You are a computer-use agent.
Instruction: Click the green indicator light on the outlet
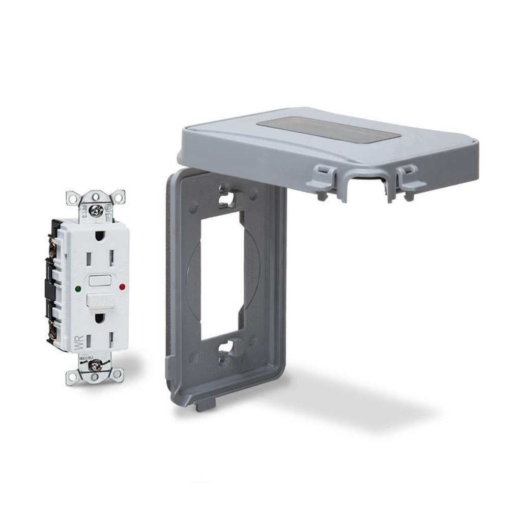coord(77,288)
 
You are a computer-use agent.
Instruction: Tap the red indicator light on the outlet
coord(122,287)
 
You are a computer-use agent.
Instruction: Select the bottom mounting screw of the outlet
coord(95,365)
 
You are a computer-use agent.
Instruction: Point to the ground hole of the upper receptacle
coord(100,236)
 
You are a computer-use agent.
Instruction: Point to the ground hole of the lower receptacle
coord(100,319)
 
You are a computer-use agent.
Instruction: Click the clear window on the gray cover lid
coord(328,129)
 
